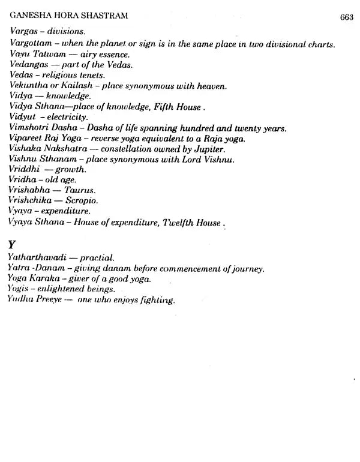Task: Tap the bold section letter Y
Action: (x=13, y=245)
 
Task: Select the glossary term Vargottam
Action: (x=31, y=44)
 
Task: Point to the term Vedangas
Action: (x=31, y=65)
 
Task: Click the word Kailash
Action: (x=78, y=86)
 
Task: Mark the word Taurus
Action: (x=80, y=190)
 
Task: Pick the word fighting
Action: (x=156, y=300)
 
